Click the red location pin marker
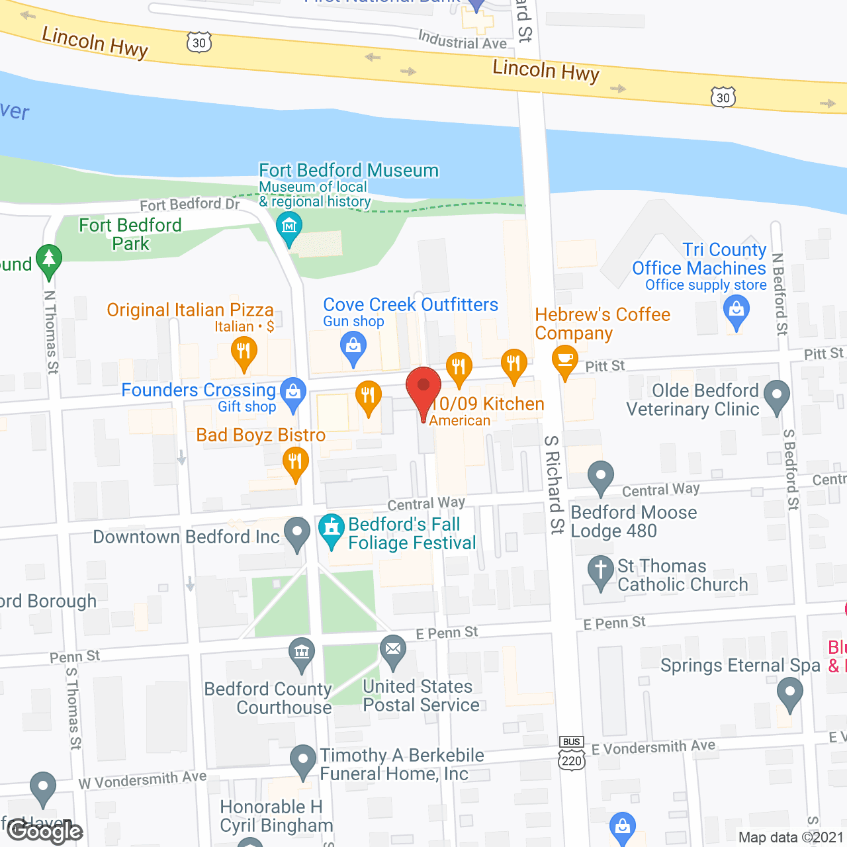pos(423,387)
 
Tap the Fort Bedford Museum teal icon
pos(289,226)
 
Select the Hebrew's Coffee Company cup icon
pos(564,360)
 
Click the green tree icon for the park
pos(49,259)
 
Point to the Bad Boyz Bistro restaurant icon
pos(295,462)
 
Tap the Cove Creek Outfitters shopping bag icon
pos(353,346)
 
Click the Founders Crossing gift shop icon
pos(293,392)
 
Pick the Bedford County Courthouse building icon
pos(302,652)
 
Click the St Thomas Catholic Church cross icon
pos(601,570)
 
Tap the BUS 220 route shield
pos(572,754)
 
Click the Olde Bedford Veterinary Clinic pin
pos(777,394)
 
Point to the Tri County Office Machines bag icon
pos(736,310)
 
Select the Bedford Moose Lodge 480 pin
pos(601,476)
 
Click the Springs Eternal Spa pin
pos(789,693)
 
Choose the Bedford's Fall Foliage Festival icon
pos(332,529)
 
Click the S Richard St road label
pos(555,484)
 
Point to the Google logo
pos(45,831)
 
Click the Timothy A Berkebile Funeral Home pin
pos(303,760)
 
